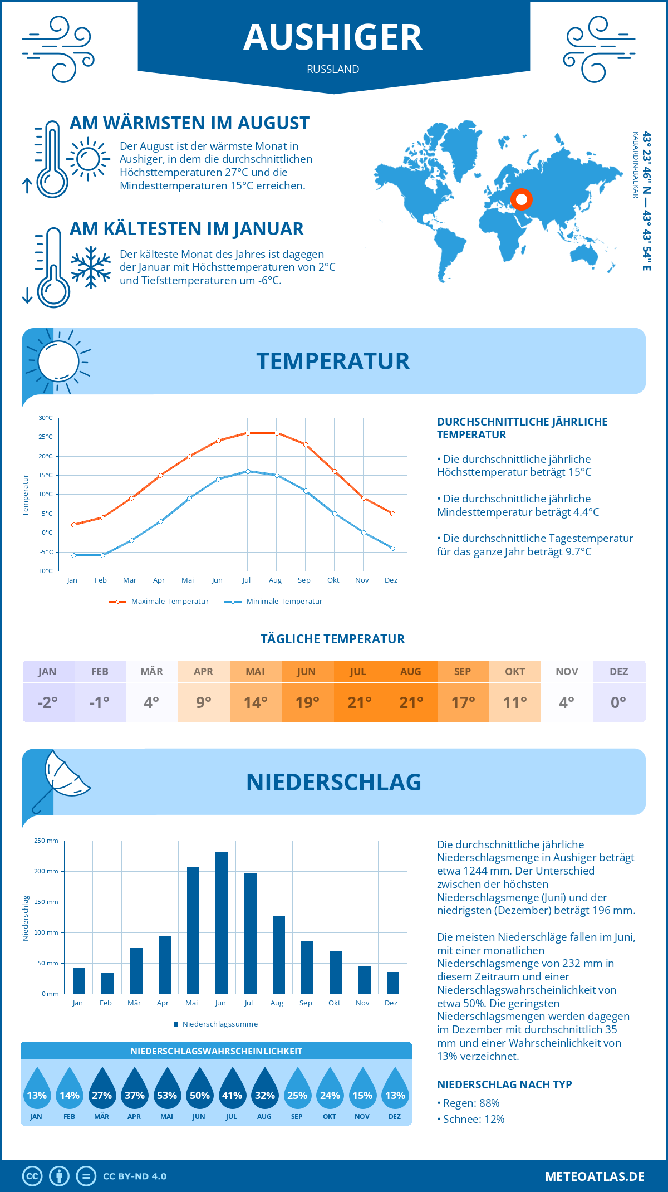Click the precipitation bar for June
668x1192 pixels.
click(222, 922)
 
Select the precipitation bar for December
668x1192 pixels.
click(393, 983)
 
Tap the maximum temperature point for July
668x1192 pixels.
click(248, 433)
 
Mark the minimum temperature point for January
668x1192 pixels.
click(73, 555)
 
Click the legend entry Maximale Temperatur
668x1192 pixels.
click(170, 602)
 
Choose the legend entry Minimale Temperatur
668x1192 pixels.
click(284, 602)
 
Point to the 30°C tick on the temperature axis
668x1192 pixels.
click(46, 418)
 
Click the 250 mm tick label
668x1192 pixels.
click(46, 841)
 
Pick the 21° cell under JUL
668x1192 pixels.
click(359, 702)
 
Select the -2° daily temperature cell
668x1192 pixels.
click(48, 702)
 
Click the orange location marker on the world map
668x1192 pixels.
click(522, 199)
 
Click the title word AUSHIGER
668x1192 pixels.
click(333, 37)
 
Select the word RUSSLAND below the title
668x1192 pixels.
click(333, 69)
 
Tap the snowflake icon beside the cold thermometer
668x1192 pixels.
click(91, 267)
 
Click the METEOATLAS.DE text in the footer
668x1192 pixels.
click(595, 1176)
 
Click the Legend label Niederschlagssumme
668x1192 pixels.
click(220, 1024)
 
